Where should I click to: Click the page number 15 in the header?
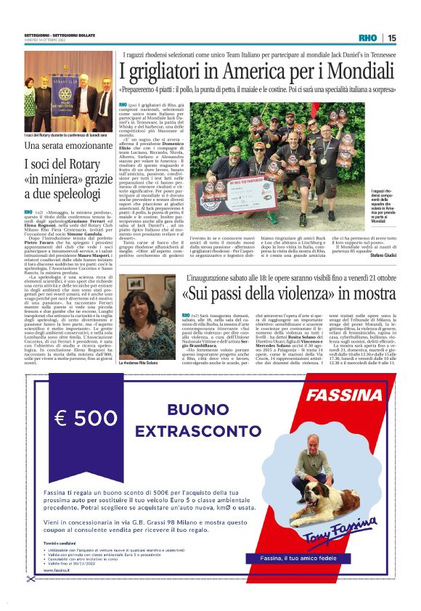392,38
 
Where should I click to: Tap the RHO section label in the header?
368,38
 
